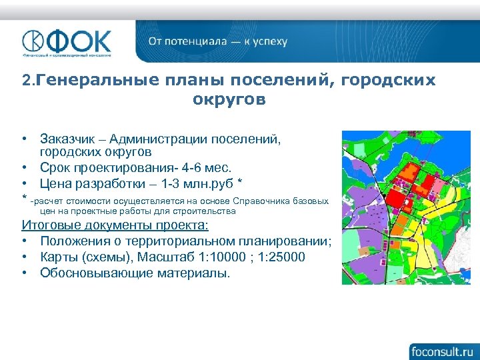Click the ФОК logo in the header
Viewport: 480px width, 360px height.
[x=67, y=41]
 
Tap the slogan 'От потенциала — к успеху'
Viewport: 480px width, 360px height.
[x=217, y=41]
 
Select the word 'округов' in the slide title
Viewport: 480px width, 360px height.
[x=229, y=100]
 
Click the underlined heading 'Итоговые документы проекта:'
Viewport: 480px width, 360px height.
[x=115, y=224]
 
